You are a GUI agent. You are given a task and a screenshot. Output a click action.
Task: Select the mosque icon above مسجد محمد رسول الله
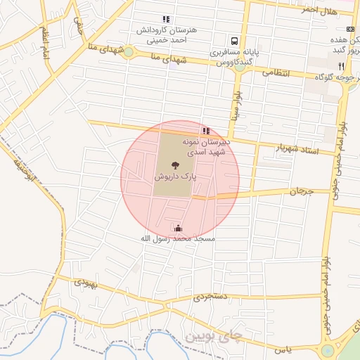pyautogui.click(x=177, y=228)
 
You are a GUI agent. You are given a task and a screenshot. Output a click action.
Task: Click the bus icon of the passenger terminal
pyautogui.click(x=233, y=41)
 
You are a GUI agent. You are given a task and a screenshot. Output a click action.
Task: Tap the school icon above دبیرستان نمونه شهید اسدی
pyautogui.click(x=205, y=131)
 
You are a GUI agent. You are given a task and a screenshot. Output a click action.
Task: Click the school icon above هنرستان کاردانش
pyautogui.click(x=166, y=20)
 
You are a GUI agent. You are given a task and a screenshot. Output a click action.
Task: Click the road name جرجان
pyautogui.click(x=300, y=191)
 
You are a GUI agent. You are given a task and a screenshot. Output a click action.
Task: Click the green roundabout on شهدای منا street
pyautogui.click(x=128, y=51)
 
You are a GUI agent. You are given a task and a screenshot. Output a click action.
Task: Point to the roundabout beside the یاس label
pyautogui.click(x=328, y=351)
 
